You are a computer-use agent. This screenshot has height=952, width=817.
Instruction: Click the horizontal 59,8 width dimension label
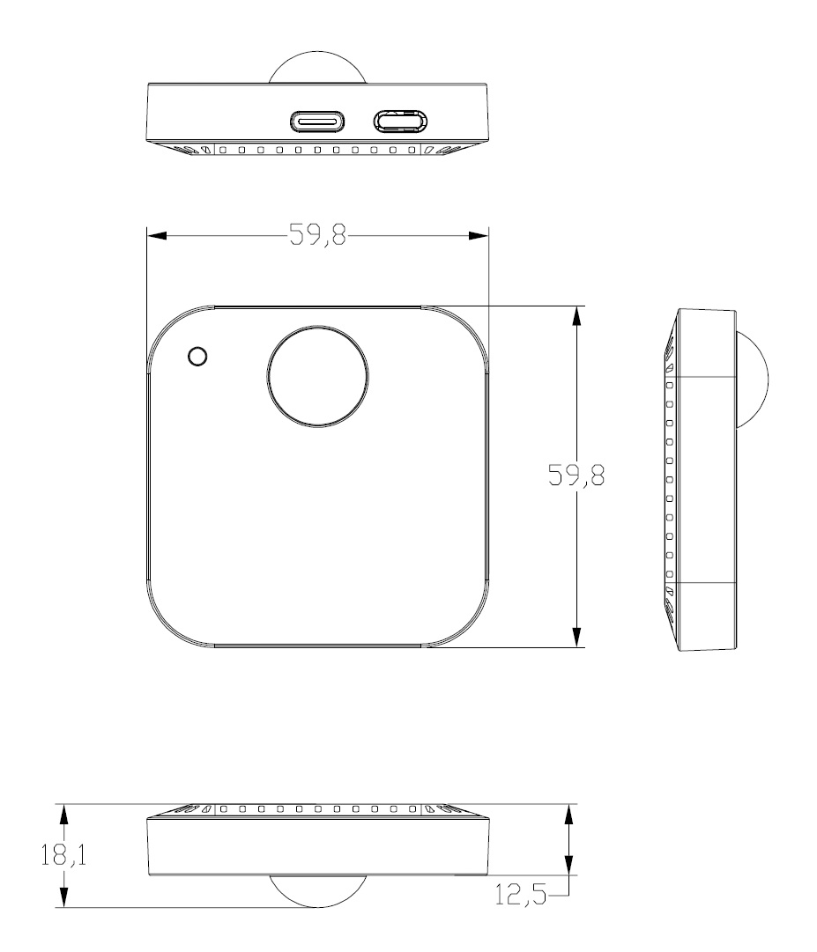pyautogui.click(x=317, y=234)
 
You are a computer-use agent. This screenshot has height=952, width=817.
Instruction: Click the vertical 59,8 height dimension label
pyautogui.click(x=576, y=475)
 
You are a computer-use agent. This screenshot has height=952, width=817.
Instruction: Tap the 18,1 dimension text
pyautogui.click(x=63, y=855)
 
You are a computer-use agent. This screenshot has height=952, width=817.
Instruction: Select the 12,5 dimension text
pyautogui.click(x=521, y=895)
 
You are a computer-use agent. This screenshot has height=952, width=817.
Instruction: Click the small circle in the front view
pyautogui.click(x=198, y=356)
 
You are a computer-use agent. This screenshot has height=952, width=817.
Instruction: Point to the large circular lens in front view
pyautogui.click(x=317, y=376)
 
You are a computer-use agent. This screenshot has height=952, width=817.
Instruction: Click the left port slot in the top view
pyautogui.click(x=317, y=122)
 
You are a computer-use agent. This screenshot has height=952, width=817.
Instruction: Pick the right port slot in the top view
pyautogui.click(x=400, y=122)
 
